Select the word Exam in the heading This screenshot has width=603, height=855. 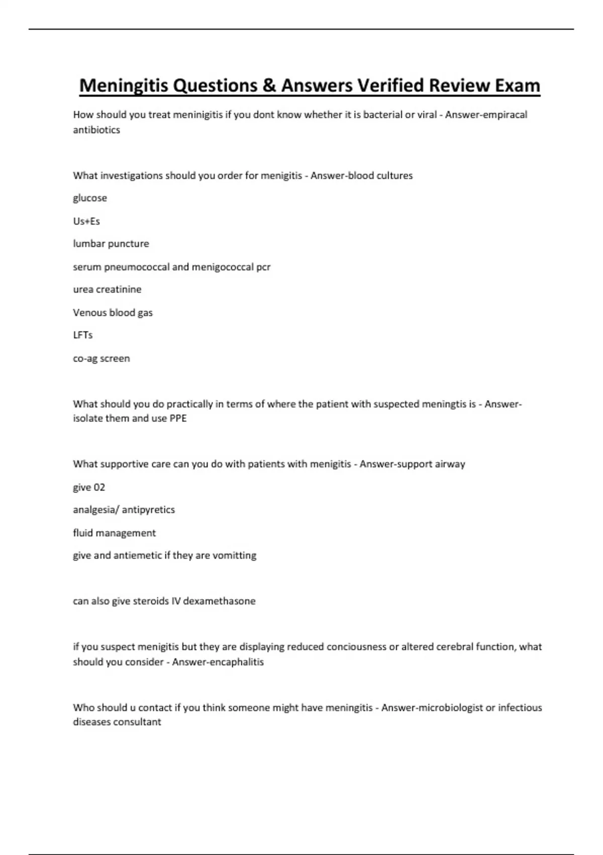(x=517, y=85)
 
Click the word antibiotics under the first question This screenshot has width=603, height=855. (x=96, y=130)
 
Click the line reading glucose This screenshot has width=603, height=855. (x=90, y=198)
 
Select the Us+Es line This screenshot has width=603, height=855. (x=86, y=221)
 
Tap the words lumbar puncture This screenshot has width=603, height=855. (x=111, y=244)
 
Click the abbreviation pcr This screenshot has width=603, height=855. (x=263, y=267)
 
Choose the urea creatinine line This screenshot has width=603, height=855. (x=107, y=290)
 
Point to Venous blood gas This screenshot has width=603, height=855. (x=113, y=312)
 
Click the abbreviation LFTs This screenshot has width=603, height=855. (x=83, y=335)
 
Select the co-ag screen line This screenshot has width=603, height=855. (x=102, y=359)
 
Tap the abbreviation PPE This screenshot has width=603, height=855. (x=178, y=418)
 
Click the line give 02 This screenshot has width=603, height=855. (x=89, y=487)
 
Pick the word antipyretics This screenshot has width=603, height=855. (x=148, y=510)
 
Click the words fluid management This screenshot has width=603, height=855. (x=115, y=533)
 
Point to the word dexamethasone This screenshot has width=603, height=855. (x=219, y=601)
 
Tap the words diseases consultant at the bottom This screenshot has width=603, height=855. (x=117, y=722)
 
